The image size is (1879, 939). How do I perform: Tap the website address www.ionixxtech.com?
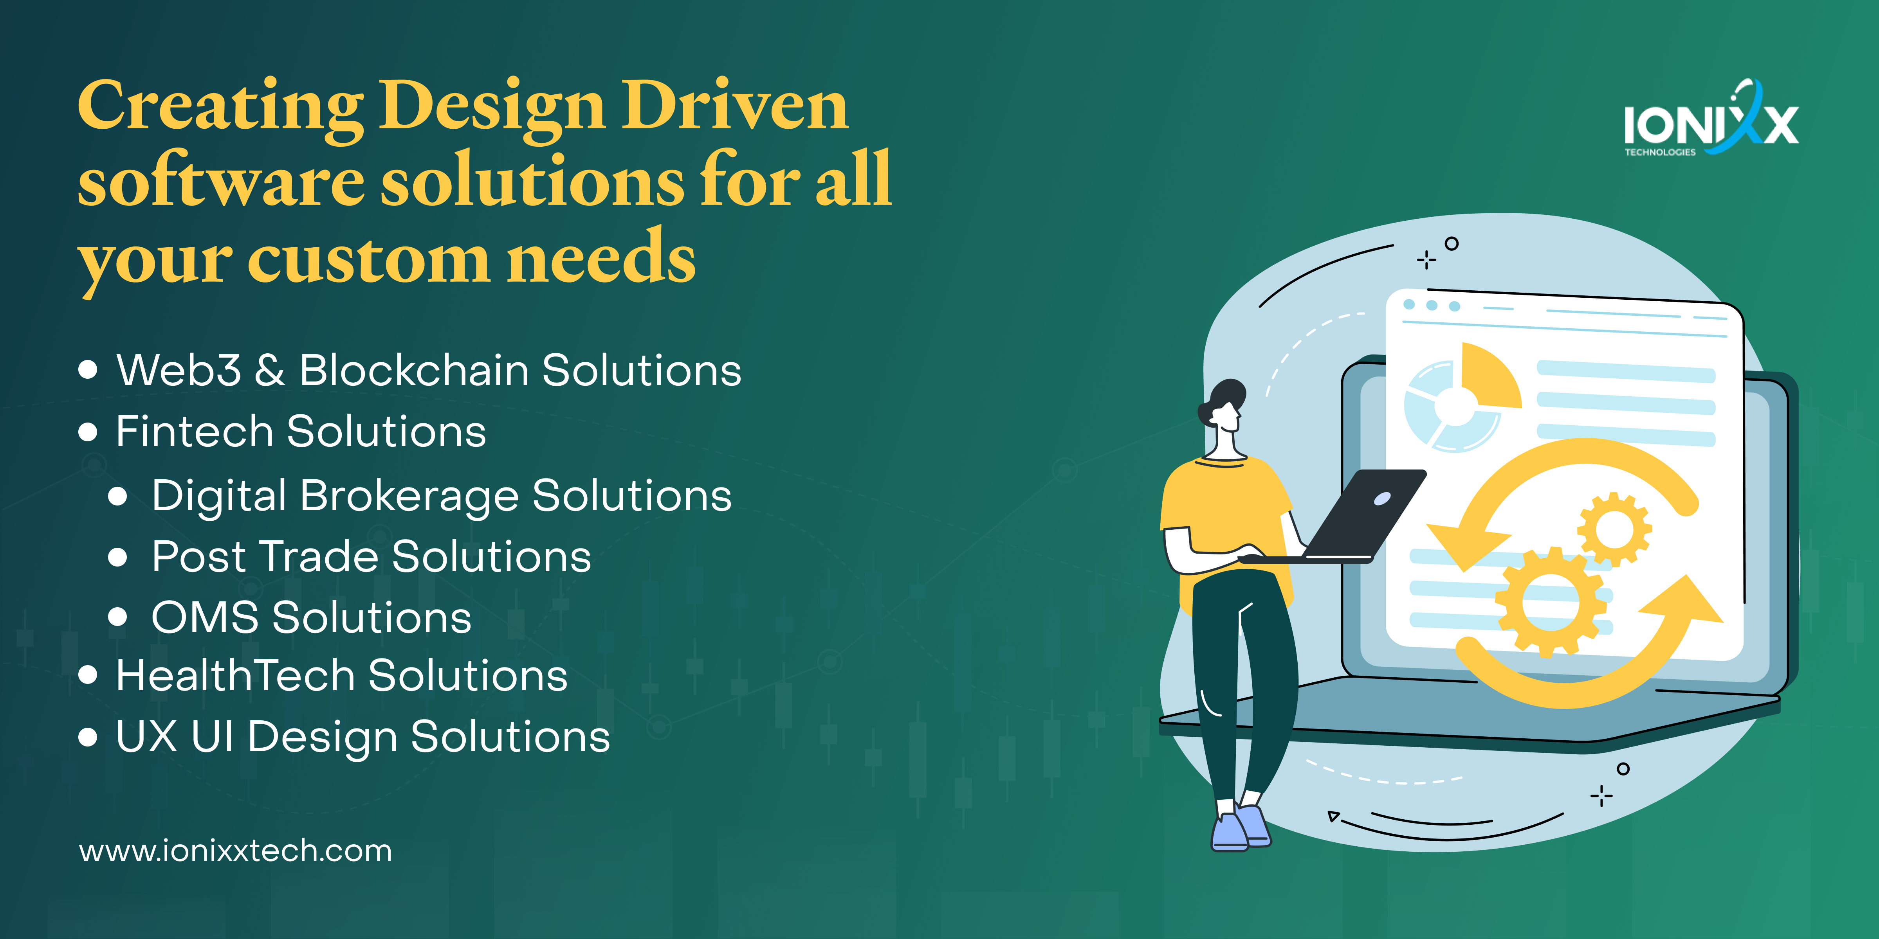coord(236,851)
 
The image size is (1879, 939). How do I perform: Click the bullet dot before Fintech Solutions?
coord(88,432)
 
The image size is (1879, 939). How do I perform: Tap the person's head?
coord(1223,406)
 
